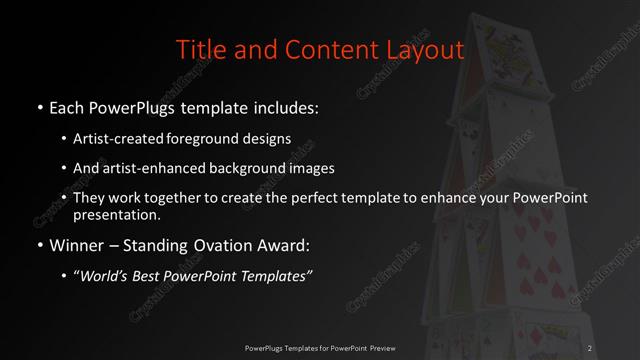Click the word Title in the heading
point(198,49)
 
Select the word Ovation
point(220,245)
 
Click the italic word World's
point(108,276)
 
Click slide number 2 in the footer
point(591,347)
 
